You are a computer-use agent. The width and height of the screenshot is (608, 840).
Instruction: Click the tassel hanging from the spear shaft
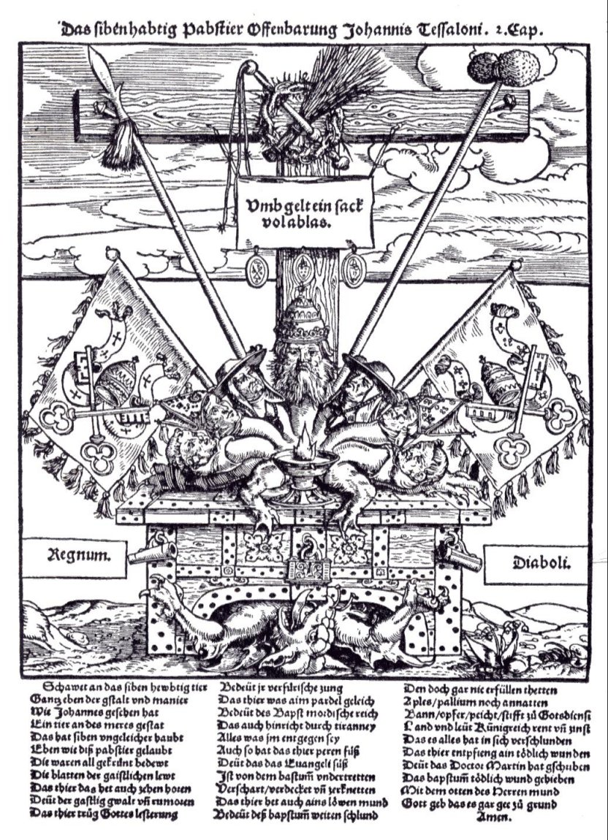pos(114,150)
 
